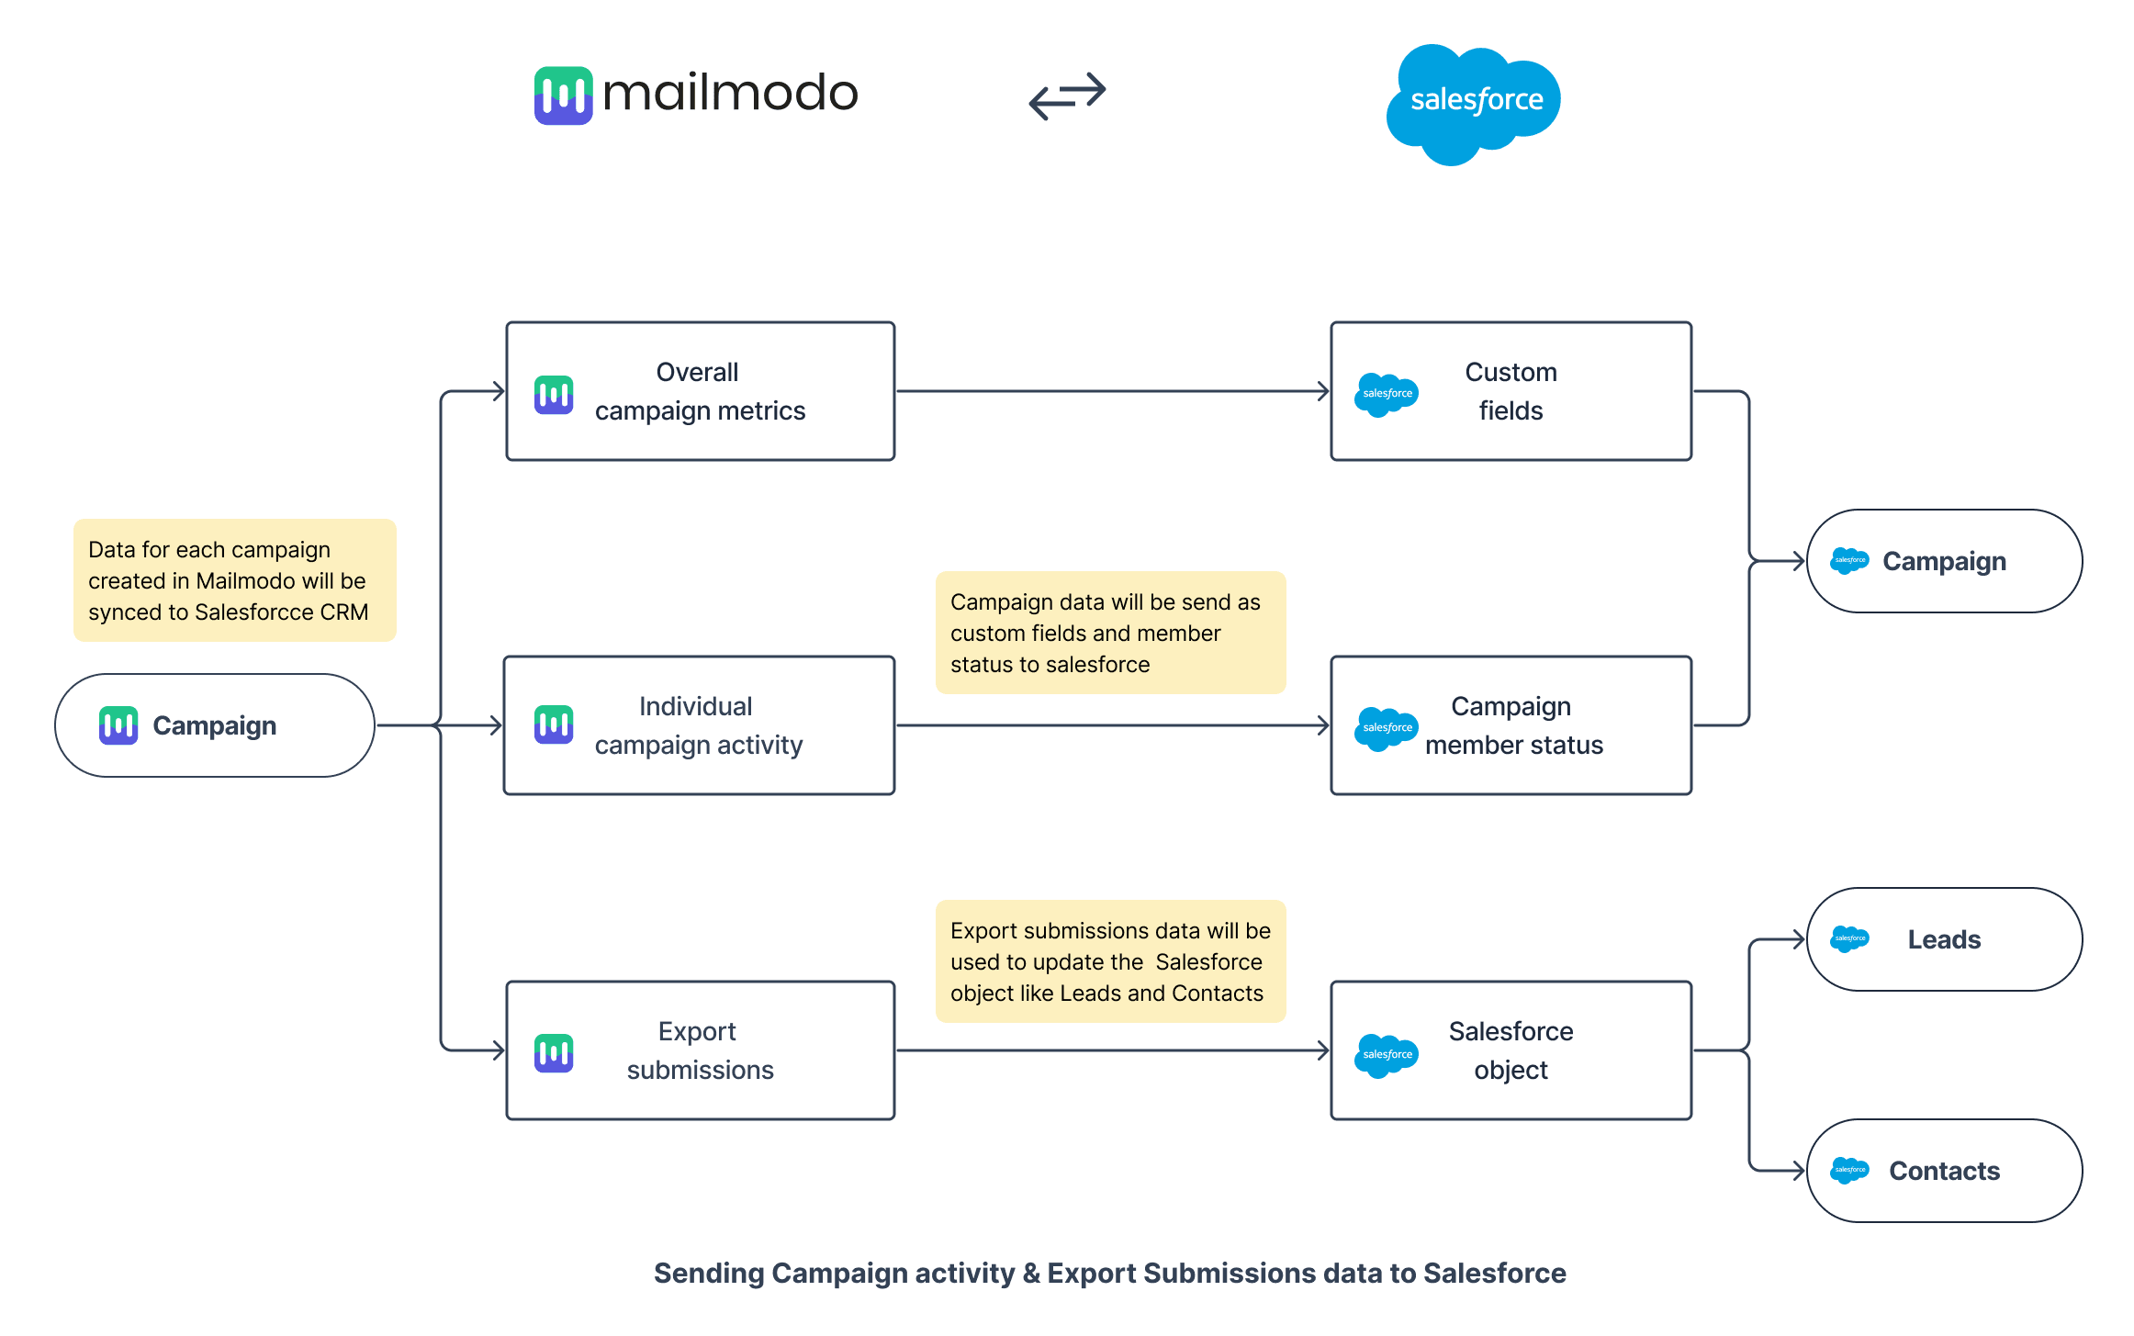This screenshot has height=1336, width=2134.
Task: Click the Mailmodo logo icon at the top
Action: click(563, 95)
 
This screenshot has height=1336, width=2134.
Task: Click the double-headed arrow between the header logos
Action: click(1067, 95)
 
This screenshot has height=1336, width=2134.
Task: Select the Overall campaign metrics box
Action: click(700, 391)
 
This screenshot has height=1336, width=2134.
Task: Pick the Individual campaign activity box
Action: click(699, 725)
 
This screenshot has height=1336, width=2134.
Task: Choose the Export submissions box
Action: click(700, 1050)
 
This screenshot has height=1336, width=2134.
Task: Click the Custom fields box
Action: click(1511, 391)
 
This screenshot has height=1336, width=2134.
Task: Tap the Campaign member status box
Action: click(1511, 725)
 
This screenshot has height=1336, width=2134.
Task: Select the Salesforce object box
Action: click(1511, 1050)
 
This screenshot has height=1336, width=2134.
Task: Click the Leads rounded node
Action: click(1944, 939)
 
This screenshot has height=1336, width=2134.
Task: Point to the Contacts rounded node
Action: click(1944, 1171)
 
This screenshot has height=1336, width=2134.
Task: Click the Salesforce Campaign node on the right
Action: click(1944, 561)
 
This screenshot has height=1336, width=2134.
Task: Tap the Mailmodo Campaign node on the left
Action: click(215, 725)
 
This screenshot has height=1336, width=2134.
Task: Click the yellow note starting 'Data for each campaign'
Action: click(234, 580)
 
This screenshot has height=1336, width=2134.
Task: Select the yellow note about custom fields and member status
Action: click(1110, 633)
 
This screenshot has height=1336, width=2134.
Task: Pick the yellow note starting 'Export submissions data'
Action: click(1110, 961)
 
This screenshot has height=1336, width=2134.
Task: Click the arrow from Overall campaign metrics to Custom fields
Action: click(1111, 391)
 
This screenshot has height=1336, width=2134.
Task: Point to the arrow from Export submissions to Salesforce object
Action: click(1111, 1050)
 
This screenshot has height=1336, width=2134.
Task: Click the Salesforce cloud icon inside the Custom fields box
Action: click(1386, 394)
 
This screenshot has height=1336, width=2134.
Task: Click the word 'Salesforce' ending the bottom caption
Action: click(1494, 1274)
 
